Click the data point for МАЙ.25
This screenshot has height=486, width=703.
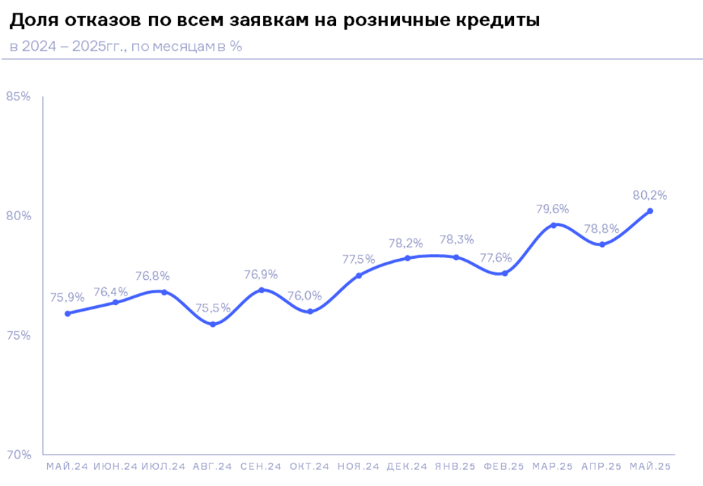(x=650, y=211)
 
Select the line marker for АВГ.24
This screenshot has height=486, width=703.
(x=212, y=324)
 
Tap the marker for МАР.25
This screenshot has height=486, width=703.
(x=553, y=225)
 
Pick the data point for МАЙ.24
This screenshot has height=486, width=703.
(x=67, y=314)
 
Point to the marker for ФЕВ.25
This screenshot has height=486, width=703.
(x=505, y=273)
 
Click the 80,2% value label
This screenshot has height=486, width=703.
(x=650, y=195)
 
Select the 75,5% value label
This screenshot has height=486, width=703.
(x=212, y=308)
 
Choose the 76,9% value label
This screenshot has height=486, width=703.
(x=261, y=274)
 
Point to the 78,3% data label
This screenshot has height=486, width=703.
(x=456, y=240)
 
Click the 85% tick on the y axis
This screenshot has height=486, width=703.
(x=18, y=97)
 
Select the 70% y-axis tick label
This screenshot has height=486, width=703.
(x=18, y=455)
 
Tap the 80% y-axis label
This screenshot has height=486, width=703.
(x=18, y=216)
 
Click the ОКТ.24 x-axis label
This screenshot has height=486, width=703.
(x=309, y=466)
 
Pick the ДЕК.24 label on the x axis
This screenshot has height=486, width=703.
(x=407, y=466)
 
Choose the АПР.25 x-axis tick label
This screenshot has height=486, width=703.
(x=602, y=466)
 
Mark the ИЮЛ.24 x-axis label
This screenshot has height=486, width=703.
(x=163, y=466)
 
